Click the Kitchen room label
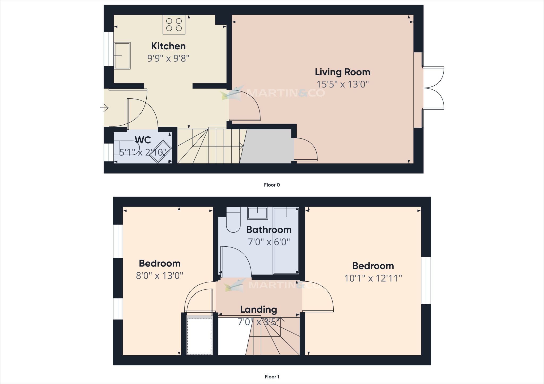point(168,46)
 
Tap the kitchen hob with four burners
point(174,25)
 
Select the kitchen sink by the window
point(122,56)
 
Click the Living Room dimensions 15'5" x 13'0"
point(342,84)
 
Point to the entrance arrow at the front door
point(104,108)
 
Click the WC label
point(143,140)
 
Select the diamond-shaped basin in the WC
point(160,152)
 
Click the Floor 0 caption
point(272,185)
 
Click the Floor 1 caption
point(272,377)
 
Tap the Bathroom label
point(269,230)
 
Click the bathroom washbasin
point(257,213)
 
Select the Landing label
point(258,309)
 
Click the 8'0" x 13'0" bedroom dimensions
point(159,276)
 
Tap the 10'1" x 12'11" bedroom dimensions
point(373,278)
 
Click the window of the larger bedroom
point(426,280)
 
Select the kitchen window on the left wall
point(109,49)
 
